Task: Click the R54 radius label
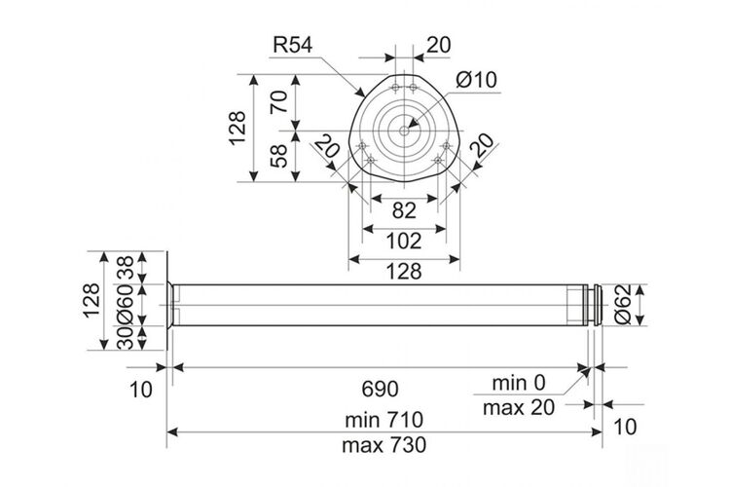pyautogui.click(x=292, y=45)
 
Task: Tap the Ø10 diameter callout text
pyautogui.click(x=476, y=80)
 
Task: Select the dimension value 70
pyautogui.click(x=279, y=101)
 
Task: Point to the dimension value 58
pyautogui.click(x=279, y=156)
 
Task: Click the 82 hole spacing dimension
pyautogui.click(x=404, y=211)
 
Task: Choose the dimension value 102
pyautogui.click(x=404, y=241)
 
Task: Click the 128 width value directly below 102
pyautogui.click(x=404, y=271)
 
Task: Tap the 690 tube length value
pyautogui.click(x=380, y=389)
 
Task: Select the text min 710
pyautogui.click(x=384, y=420)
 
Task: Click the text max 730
pyautogui.click(x=384, y=445)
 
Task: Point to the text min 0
pyautogui.click(x=518, y=383)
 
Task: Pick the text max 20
pyautogui.click(x=519, y=408)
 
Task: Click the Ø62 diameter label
pyautogui.click(x=623, y=305)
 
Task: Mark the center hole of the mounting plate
pyautogui.click(x=404, y=131)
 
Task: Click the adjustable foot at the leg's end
pyautogui.click(x=595, y=305)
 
